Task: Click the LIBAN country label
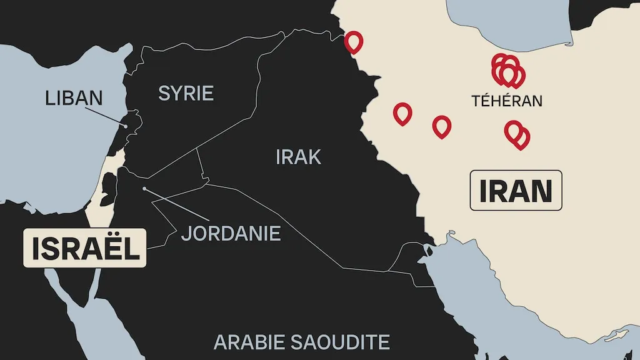tap(73, 98)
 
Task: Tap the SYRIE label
tap(186, 94)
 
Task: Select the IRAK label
tap(298, 157)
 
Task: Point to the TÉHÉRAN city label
tap(507, 101)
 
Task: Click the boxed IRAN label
tap(516, 191)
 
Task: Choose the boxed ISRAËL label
tap(84, 248)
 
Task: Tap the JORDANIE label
tap(231, 234)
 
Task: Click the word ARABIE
tap(248, 342)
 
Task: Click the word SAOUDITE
tap(339, 342)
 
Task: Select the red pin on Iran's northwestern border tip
tap(354, 41)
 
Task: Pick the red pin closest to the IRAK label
tap(402, 113)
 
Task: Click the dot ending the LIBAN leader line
tap(126, 126)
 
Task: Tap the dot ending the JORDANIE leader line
tap(144, 188)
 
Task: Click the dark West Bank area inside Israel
tap(108, 185)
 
